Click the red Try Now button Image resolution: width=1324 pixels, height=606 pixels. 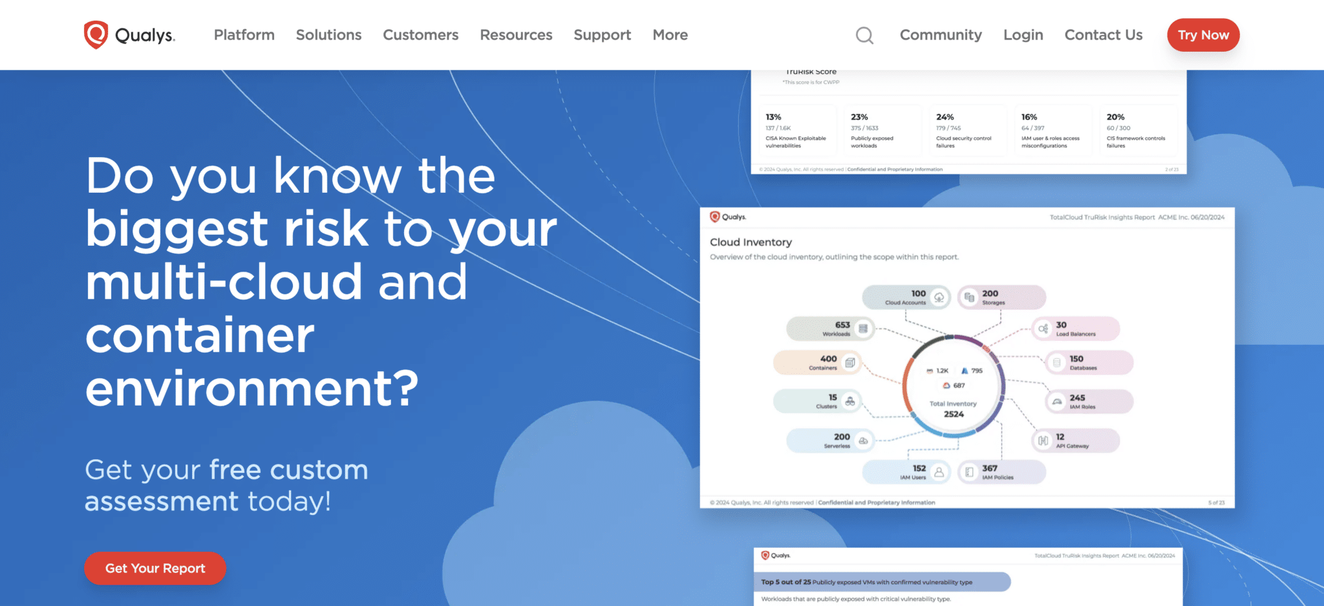1202,35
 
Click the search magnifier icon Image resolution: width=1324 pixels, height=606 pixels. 864,35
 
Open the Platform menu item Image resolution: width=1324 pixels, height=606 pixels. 244,35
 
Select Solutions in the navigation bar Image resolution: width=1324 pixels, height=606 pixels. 328,35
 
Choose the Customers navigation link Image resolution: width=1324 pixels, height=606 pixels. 420,35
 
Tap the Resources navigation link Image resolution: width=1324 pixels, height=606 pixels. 516,35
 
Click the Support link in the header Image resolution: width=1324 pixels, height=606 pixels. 602,35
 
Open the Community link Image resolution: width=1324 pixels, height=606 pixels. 941,35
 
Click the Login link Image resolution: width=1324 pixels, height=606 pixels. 1023,35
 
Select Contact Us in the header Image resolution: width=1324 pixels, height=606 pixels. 1103,35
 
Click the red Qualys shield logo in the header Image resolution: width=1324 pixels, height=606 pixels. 96,34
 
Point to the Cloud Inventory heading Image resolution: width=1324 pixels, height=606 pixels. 751,242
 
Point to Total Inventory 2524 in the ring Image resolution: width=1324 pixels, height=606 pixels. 953,409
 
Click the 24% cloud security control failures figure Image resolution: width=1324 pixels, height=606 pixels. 945,117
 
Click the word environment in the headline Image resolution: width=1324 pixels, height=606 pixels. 251,388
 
